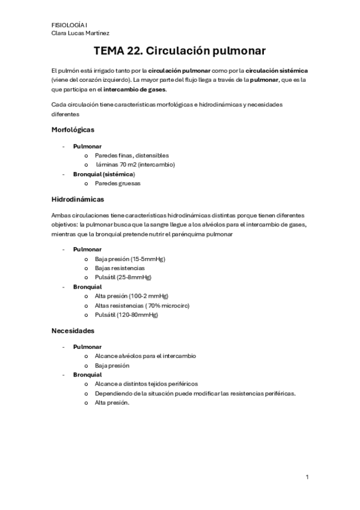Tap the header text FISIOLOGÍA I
[x=69, y=25]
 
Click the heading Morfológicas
[x=73, y=129]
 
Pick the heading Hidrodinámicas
[x=78, y=198]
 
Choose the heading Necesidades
[x=73, y=330]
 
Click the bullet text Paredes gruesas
[x=117, y=183]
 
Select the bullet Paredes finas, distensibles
[x=132, y=155]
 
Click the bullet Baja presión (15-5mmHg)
[x=130, y=259]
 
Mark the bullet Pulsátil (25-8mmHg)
[x=123, y=277]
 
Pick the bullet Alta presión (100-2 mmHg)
[x=131, y=296]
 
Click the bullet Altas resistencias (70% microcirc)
[x=142, y=306]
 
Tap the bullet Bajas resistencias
[x=120, y=268]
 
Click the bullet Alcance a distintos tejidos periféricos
[x=146, y=384]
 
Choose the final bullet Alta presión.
[x=112, y=403]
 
